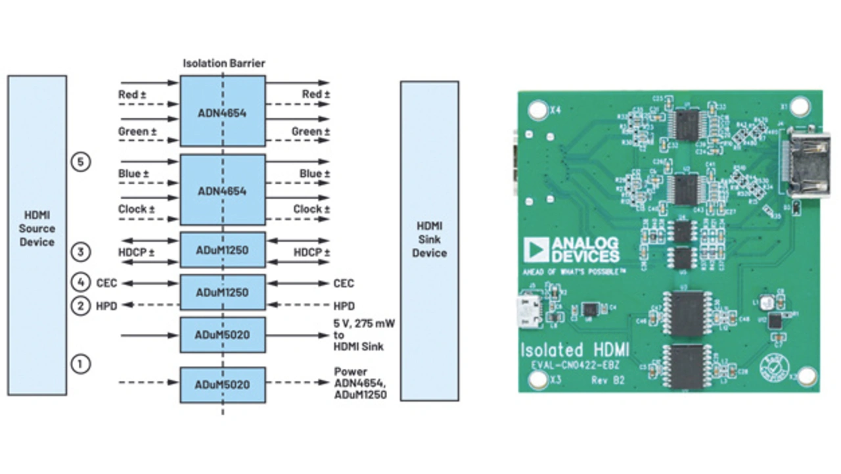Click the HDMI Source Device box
pyautogui.click(x=37, y=235)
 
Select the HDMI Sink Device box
pyautogui.click(x=430, y=241)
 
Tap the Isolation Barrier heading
pyautogui.click(x=223, y=64)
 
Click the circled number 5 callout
pyautogui.click(x=80, y=162)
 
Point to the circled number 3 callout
pyautogui.click(x=80, y=252)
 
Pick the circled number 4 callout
pyautogui.click(x=80, y=283)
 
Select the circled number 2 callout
pyautogui.click(x=80, y=305)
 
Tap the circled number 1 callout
pyautogui.click(x=80, y=363)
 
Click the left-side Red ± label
pyautogui.click(x=132, y=95)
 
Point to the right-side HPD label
pyautogui.click(x=343, y=306)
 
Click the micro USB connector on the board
pyautogui.click(x=530, y=311)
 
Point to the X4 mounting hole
pyautogui.click(x=538, y=108)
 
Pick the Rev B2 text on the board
pyautogui.click(x=607, y=380)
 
